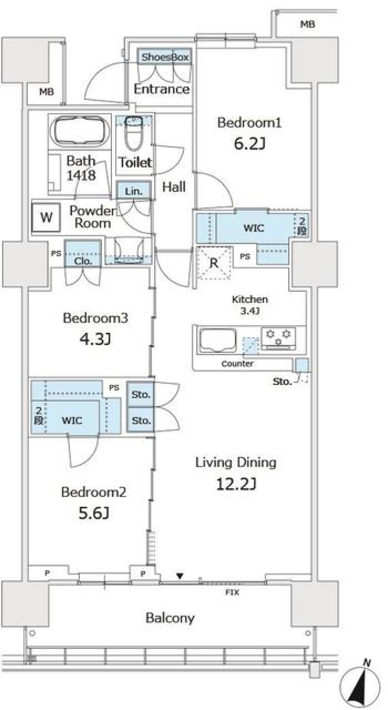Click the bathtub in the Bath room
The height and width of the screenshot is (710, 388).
pyautogui.click(x=80, y=132)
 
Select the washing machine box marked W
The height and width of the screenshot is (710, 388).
pyautogui.click(x=46, y=217)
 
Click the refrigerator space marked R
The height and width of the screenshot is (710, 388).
pyautogui.click(x=214, y=263)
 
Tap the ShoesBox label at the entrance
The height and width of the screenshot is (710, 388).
pyautogui.click(x=165, y=57)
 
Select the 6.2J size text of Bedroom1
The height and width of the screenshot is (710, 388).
pyautogui.click(x=249, y=144)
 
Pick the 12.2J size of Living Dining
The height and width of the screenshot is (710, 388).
pyautogui.click(x=236, y=484)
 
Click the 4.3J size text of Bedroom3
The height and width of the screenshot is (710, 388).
pyautogui.click(x=95, y=339)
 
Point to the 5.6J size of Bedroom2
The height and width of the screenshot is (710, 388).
pyautogui.click(x=93, y=513)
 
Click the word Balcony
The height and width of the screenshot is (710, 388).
pyautogui.click(x=170, y=617)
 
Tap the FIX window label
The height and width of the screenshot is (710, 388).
pyautogui.click(x=232, y=592)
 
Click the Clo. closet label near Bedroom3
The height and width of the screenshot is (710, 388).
pyautogui.click(x=83, y=261)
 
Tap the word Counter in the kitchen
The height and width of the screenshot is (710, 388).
pyautogui.click(x=237, y=363)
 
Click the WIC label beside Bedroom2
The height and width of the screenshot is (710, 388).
pyautogui.click(x=72, y=421)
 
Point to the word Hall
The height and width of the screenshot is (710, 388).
pyautogui.click(x=174, y=187)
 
